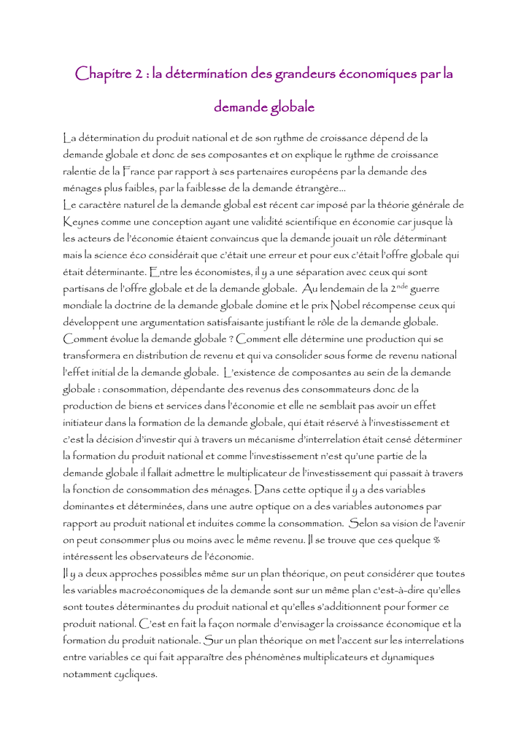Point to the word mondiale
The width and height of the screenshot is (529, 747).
[86, 305]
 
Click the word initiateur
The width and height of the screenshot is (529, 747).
[91, 422]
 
